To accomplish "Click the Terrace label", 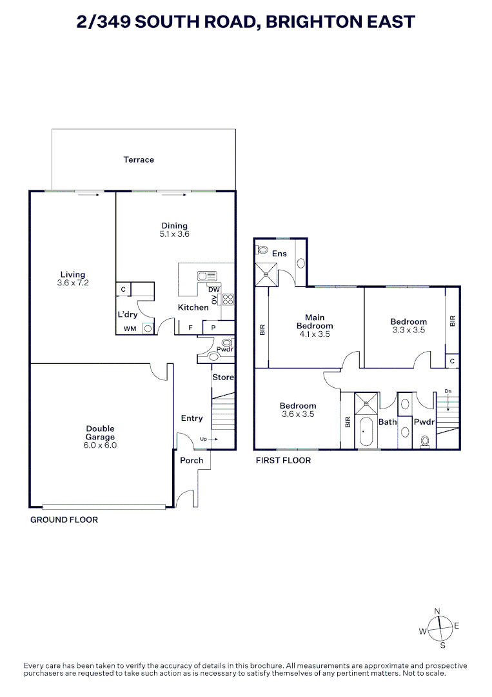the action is pyautogui.click(x=139, y=159).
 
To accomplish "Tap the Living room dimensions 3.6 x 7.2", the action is pyautogui.click(x=73, y=283).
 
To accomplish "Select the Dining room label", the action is pyautogui.click(x=175, y=225).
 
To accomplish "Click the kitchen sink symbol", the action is pyautogui.click(x=208, y=276).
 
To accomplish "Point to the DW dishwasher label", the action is pyautogui.click(x=214, y=289).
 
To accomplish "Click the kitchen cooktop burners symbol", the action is pyautogui.click(x=228, y=299).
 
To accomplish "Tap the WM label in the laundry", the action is pyautogui.click(x=130, y=328).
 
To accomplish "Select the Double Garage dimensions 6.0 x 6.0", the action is pyautogui.click(x=101, y=445).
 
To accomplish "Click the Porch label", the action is pyautogui.click(x=192, y=461).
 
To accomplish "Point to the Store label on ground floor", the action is pyautogui.click(x=223, y=377).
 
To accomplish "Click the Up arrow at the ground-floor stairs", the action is pyautogui.click(x=213, y=439).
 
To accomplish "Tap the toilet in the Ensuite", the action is pyautogui.click(x=262, y=250).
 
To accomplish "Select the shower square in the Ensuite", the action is pyautogui.click(x=266, y=275).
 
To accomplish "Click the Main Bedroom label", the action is pyautogui.click(x=315, y=321).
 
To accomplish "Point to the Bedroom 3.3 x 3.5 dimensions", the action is pyautogui.click(x=409, y=330).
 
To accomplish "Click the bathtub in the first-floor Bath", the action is pyautogui.click(x=366, y=432).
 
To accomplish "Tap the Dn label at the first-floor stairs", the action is pyautogui.click(x=448, y=391).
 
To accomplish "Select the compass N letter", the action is pyautogui.click(x=437, y=612).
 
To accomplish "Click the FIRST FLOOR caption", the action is pyautogui.click(x=283, y=461).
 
